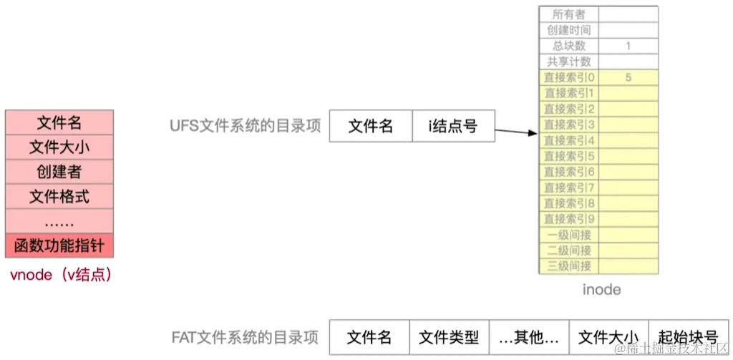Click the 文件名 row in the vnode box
59,123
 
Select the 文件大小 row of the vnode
59,147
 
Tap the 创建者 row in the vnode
59,172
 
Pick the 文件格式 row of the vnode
59,196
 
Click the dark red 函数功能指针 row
59,246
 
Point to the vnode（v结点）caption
59,275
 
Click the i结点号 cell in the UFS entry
453,127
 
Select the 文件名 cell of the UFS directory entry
371,127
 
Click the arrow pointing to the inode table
515,132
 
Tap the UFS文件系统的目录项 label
245,127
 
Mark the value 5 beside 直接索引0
628,77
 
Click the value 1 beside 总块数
628,46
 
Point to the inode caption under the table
601,290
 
